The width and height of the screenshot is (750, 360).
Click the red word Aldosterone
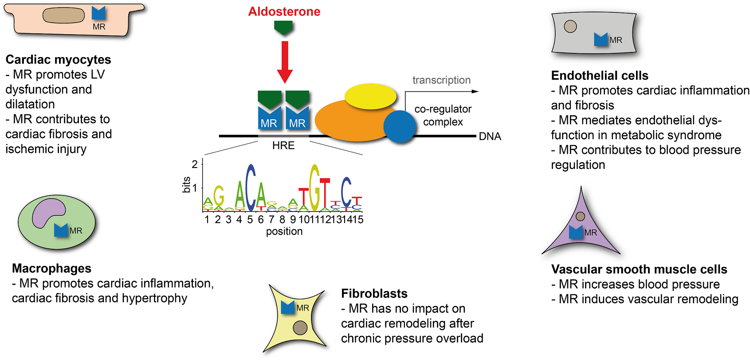click(284, 12)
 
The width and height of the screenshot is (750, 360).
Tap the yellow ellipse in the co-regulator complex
click(370, 96)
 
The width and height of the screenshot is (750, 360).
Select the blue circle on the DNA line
click(399, 126)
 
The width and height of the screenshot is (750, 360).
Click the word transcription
click(441, 80)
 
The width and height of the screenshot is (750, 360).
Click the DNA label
click(490, 137)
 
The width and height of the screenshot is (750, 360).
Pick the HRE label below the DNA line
click(283, 146)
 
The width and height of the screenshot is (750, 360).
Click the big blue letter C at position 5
click(251, 188)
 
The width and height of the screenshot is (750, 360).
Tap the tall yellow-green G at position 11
click(314, 188)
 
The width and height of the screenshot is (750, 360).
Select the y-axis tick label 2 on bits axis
click(194, 164)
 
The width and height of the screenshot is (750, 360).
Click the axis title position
click(284, 231)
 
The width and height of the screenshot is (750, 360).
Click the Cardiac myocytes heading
click(58, 60)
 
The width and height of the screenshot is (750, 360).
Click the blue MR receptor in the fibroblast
click(288, 307)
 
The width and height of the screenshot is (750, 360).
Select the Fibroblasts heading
click(374, 293)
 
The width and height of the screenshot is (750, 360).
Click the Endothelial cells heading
click(599, 76)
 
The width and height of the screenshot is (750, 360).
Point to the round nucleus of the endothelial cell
click(570, 27)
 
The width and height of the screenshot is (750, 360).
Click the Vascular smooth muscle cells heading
click(639, 270)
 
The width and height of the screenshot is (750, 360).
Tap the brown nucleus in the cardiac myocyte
click(63, 16)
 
